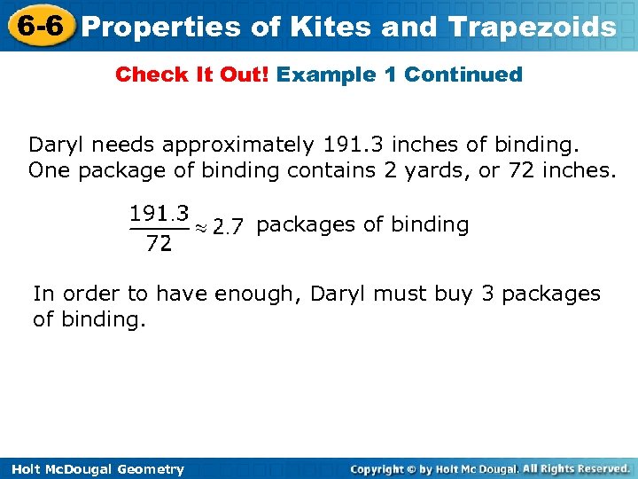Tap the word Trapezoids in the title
click(533, 27)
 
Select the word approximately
click(238, 145)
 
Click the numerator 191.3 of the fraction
click(159, 213)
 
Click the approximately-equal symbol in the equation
click(202, 228)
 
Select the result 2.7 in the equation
click(228, 227)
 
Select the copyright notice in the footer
click(490, 468)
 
